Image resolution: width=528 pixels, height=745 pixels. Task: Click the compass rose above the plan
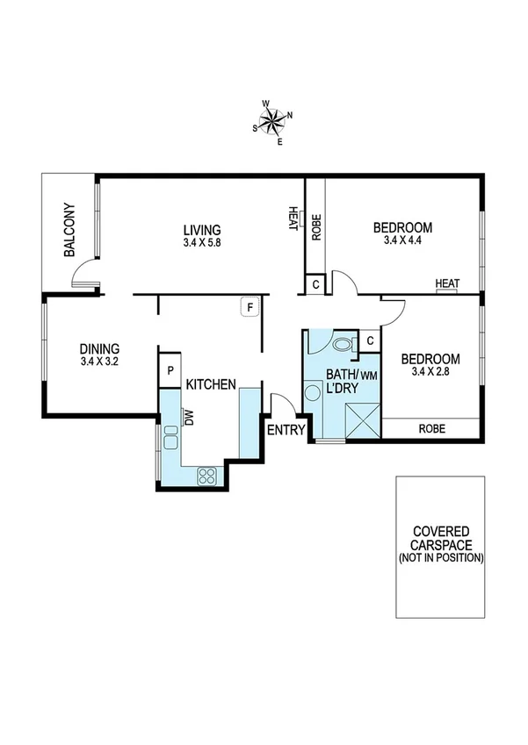point(274,119)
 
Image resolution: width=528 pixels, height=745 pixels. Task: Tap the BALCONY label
point(69,231)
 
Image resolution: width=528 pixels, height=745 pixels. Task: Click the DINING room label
point(99,347)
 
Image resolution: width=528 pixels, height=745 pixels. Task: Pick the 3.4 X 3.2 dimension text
point(99,360)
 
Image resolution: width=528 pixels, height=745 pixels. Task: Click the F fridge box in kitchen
point(250,307)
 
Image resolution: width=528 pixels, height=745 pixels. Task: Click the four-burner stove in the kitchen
point(208,476)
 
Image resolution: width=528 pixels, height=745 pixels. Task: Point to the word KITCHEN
point(209,384)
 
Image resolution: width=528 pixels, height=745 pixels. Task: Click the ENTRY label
point(286,429)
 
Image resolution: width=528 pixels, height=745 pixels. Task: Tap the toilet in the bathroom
point(342,345)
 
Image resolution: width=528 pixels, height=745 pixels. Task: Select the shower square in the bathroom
point(361,419)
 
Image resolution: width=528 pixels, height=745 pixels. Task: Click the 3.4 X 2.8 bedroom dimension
point(430,371)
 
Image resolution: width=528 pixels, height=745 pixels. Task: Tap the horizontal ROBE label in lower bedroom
point(430,429)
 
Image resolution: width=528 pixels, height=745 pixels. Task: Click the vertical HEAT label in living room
point(293,216)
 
